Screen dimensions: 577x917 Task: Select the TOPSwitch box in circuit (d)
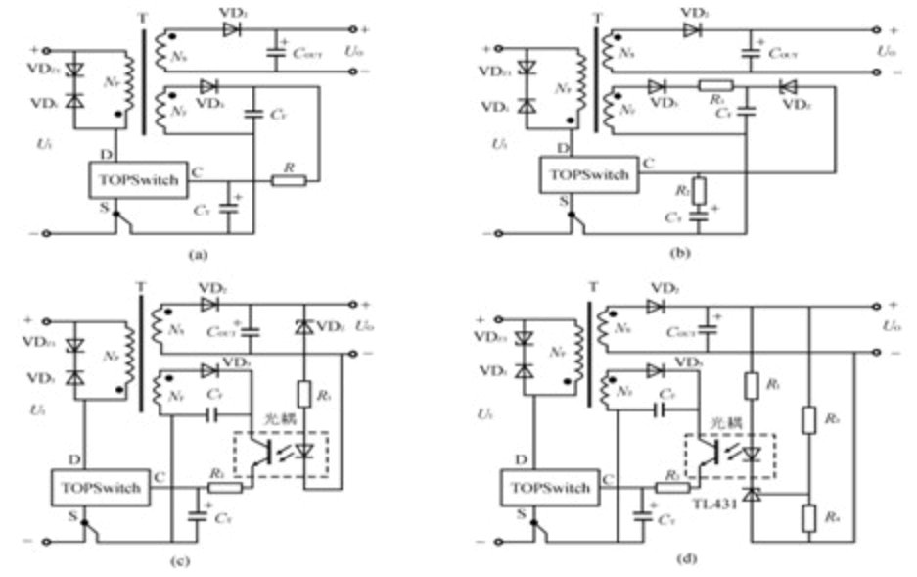tap(551, 487)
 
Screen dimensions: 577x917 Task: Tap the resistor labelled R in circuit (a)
tap(289, 179)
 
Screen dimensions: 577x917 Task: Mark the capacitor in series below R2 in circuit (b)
tap(697, 216)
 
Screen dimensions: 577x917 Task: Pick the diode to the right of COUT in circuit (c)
tap(306, 325)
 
